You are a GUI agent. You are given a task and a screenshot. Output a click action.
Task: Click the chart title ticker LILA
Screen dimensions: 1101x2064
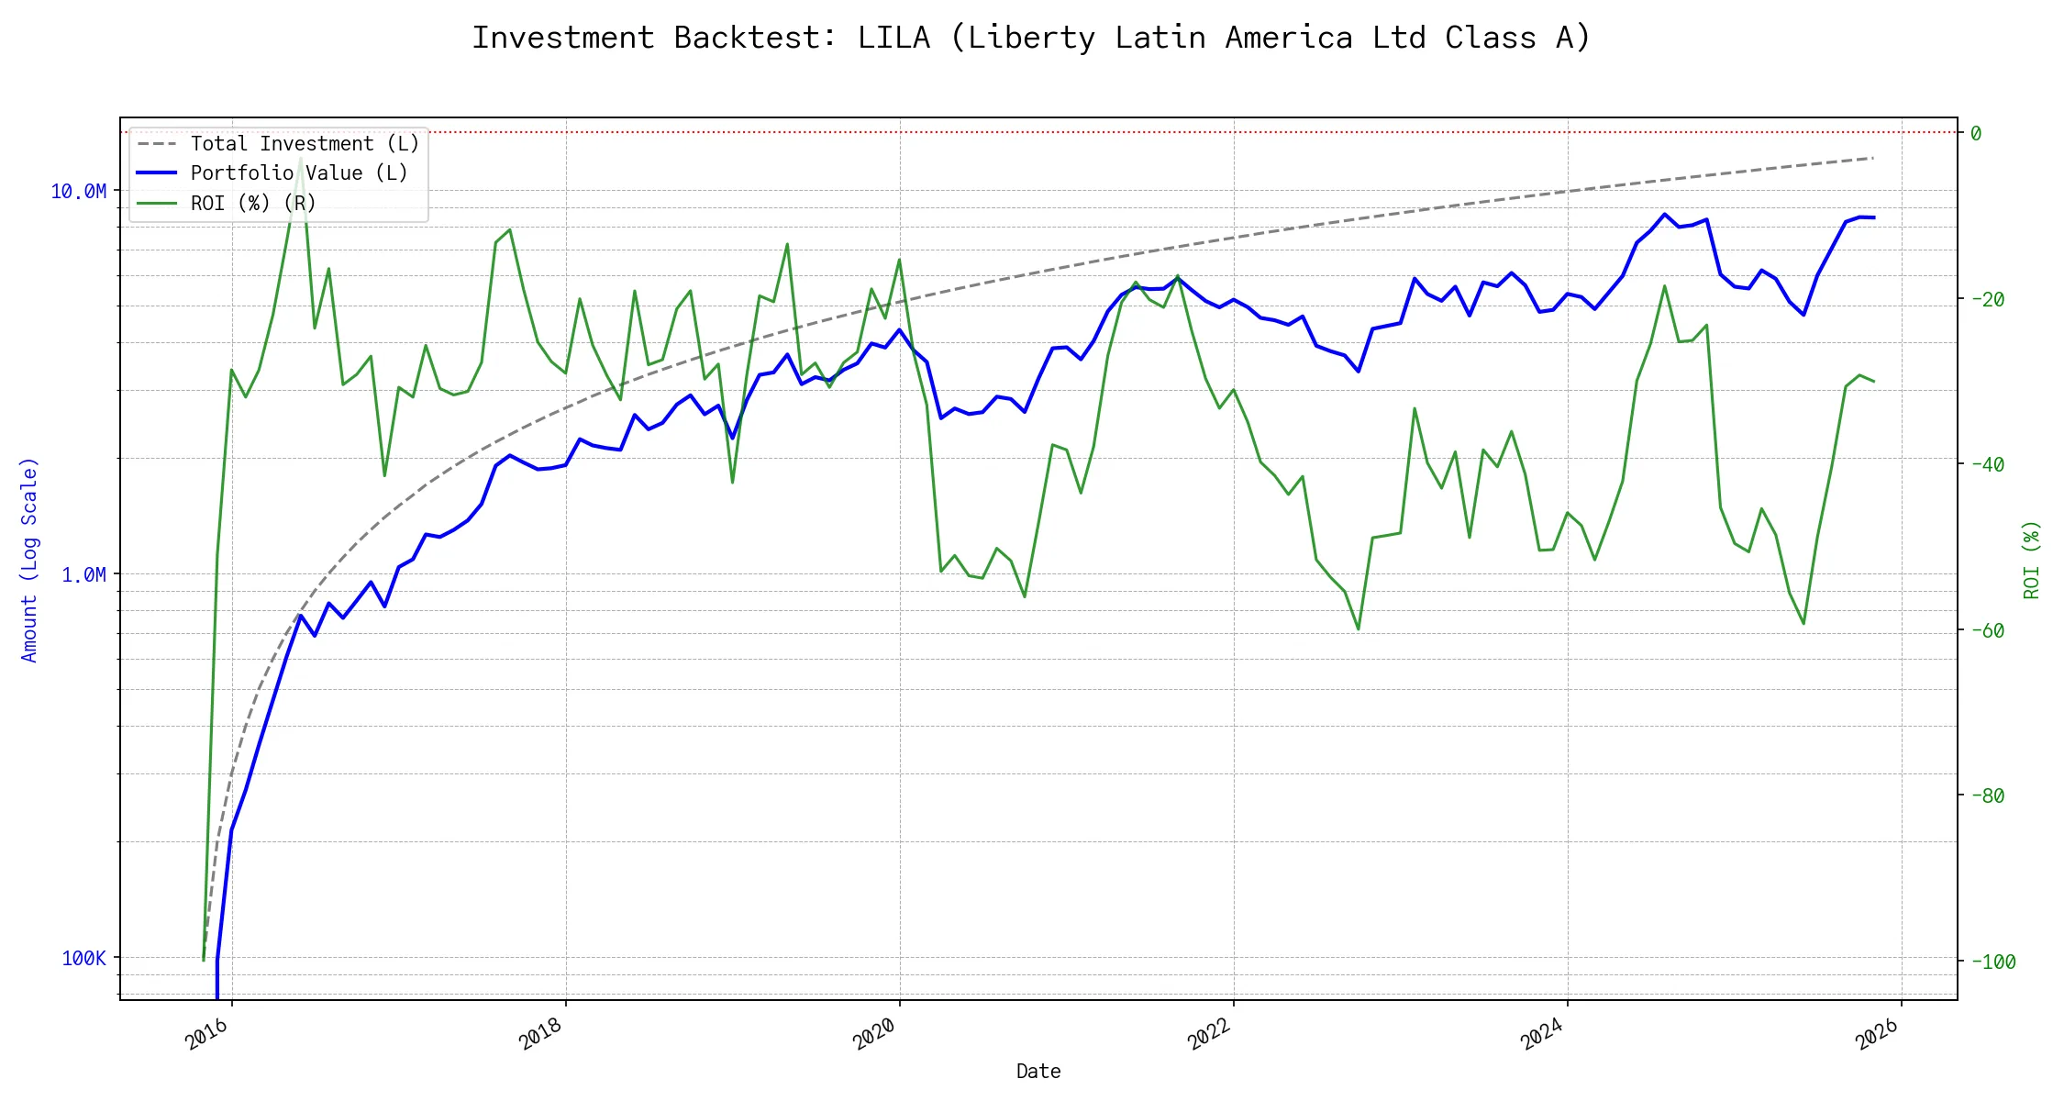[893, 38]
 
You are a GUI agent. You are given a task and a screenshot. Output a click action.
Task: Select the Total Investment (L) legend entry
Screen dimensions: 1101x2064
[304, 144]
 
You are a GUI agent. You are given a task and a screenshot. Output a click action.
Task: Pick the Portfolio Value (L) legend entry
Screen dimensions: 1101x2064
[298, 173]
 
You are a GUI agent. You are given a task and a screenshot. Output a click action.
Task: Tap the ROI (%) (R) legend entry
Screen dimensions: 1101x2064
[252, 203]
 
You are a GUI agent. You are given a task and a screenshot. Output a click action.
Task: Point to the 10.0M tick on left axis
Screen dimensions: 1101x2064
[79, 191]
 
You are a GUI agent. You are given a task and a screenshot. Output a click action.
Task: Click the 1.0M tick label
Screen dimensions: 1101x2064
[83, 574]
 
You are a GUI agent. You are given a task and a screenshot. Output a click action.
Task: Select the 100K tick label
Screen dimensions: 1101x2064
[83, 958]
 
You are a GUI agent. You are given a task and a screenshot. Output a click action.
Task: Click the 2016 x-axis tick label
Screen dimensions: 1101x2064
[207, 1034]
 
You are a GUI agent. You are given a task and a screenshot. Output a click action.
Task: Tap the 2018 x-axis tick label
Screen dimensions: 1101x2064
[541, 1034]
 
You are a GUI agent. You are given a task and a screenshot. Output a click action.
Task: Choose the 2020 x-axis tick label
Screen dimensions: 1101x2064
[875, 1034]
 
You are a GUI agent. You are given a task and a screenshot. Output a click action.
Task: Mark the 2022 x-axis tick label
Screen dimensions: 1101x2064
[1209, 1034]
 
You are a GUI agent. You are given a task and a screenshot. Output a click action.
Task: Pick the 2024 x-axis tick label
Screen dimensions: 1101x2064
[1543, 1034]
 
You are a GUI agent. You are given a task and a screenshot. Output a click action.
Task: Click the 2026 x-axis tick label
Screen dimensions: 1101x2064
[1877, 1034]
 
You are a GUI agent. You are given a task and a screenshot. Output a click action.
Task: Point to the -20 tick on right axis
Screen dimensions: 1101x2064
[1987, 299]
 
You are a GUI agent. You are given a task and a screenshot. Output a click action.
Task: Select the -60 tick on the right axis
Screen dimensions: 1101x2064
[1987, 630]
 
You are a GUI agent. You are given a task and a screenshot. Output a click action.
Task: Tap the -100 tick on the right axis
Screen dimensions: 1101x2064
[1992, 962]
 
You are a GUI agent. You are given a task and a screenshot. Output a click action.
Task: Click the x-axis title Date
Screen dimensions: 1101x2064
[1038, 1071]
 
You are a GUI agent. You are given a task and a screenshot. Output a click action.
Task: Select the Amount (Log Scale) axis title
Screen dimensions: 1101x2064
[29, 559]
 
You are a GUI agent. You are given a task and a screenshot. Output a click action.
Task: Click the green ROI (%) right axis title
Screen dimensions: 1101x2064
[2031, 559]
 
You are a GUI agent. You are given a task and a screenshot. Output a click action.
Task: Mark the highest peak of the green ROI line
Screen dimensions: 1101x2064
[301, 159]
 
